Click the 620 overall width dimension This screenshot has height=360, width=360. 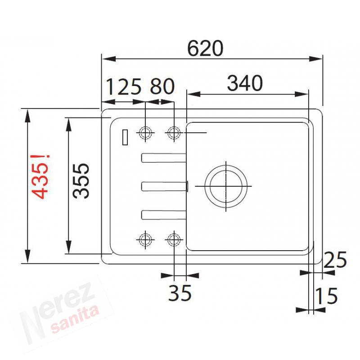(x=205, y=49)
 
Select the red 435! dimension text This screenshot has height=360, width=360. (x=40, y=176)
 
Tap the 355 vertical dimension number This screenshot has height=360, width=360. (x=81, y=180)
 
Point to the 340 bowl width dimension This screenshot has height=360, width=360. (x=245, y=83)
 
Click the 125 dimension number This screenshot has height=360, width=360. (x=124, y=87)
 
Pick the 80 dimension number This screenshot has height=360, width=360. (x=162, y=86)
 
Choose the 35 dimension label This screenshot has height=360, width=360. (x=180, y=293)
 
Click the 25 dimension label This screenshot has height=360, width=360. (x=335, y=260)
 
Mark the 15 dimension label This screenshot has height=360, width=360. (x=326, y=296)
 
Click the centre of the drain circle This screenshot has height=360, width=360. (x=226, y=186)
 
